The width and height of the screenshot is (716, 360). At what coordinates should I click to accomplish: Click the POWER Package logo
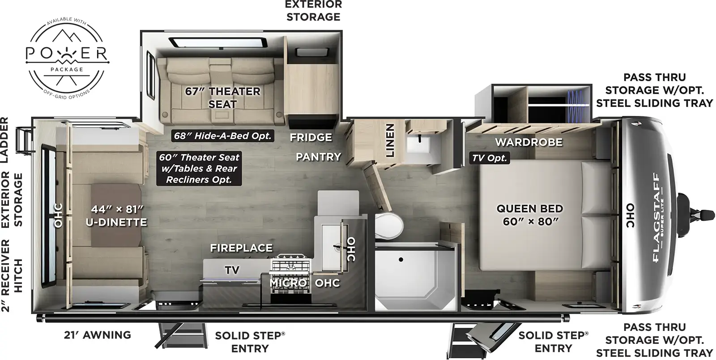tap(67, 55)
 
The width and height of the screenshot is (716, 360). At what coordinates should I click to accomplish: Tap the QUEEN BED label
tap(529, 214)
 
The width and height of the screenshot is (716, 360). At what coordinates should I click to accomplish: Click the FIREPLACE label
tap(241, 248)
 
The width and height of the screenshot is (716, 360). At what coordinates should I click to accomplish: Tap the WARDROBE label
tap(528, 142)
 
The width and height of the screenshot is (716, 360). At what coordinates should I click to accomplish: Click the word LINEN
tap(390, 141)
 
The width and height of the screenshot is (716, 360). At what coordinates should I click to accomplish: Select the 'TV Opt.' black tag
tap(490, 158)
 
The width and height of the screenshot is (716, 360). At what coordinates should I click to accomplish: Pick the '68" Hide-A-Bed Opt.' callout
tap(223, 136)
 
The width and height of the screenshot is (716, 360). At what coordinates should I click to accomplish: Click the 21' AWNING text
tap(97, 334)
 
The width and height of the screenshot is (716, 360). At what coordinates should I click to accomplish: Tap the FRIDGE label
tap(311, 137)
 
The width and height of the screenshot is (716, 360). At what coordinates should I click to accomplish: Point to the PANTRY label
tap(318, 156)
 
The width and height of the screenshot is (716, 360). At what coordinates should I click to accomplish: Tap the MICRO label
tap(288, 283)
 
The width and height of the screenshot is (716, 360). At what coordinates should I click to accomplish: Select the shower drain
tap(401, 259)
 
